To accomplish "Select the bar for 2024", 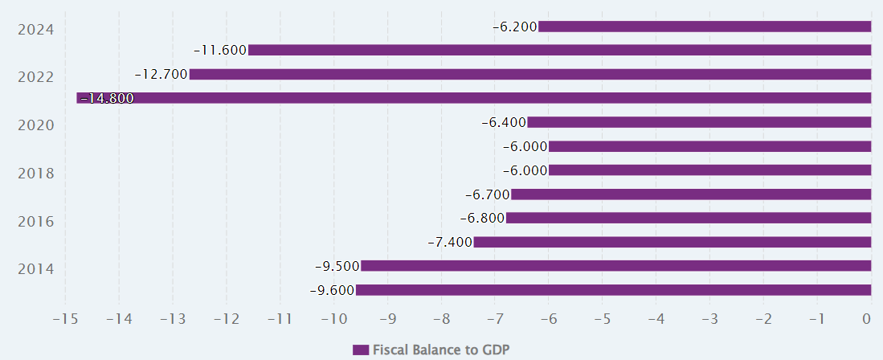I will [705, 27].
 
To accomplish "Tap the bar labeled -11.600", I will [560, 50].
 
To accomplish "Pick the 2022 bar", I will [530, 74].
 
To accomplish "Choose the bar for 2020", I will [699, 122].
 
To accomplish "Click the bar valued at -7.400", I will [672, 242].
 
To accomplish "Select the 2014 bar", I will [616, 266].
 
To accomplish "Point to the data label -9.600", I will [332, 290].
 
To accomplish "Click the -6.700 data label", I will [488, 194].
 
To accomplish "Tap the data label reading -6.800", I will [482, 219].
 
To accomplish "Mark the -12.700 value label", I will [161, 74].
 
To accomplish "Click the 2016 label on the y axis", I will [35, 221].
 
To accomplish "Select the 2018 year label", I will [35, 173].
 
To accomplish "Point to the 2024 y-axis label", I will [35, 30].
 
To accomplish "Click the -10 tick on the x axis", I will [333, 319].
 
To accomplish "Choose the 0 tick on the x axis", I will [866, 319].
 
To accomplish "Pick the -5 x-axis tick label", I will [602, 319].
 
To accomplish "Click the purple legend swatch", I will [361, 350].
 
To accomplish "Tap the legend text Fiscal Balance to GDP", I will [441, 350].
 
